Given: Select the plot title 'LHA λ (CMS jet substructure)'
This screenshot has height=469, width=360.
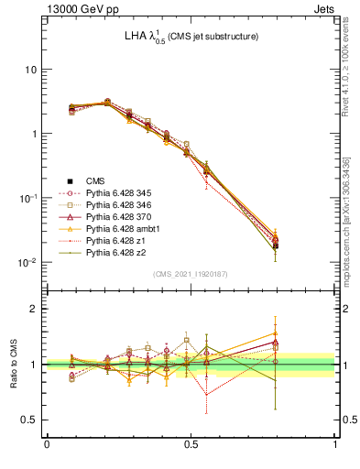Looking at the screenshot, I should pos(191,37).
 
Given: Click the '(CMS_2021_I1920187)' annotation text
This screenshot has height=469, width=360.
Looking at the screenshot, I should pos(191,274).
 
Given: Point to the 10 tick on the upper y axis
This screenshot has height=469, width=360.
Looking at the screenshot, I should pos(30,70).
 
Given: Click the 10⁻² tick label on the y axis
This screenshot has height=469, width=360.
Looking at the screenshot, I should pos(27,263).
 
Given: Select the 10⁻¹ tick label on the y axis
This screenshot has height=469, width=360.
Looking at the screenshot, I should pos(27,199).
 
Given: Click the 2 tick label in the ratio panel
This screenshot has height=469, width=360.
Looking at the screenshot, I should pos(35,309).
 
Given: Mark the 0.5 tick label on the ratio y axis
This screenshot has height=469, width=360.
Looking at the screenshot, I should pos(30,420).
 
